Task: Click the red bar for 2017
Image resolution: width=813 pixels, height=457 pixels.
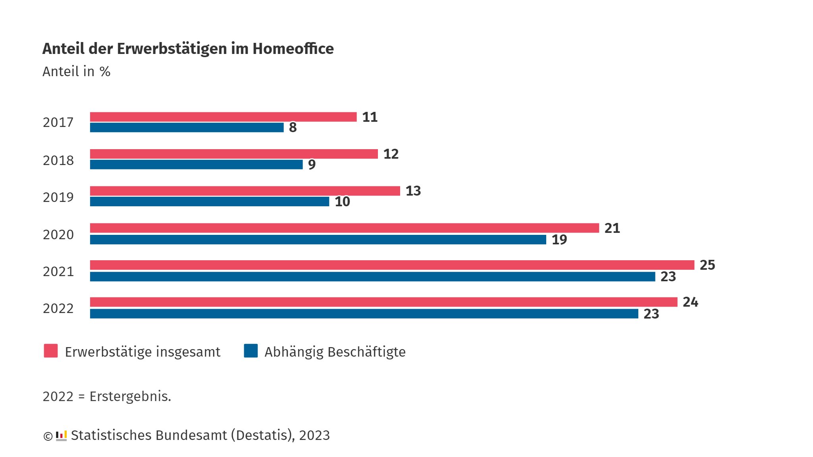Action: pos(223,117)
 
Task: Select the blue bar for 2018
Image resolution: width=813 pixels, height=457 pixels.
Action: pos(196,164)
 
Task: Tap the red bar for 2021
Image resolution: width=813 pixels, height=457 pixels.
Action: pos(392,265)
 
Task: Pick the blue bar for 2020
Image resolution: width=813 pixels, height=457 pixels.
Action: pos(318,240)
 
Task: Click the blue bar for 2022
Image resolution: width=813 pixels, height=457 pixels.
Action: pos(364,314)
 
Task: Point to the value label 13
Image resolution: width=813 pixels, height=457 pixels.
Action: pos(413,191)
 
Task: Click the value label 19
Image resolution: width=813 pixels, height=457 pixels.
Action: pos(559,240)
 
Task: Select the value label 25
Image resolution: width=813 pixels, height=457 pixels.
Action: pos(707,265)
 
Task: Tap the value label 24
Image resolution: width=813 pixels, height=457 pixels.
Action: pos(690,302)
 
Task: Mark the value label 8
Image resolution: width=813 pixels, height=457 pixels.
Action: pos(293,128)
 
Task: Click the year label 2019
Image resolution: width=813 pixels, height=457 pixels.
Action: pos(58,197)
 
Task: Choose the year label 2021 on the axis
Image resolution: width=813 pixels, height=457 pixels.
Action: pos(58,271)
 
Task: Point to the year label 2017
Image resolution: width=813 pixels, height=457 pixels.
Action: pos(58,122)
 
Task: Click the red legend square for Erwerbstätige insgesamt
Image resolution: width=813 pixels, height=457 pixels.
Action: pos(51,351)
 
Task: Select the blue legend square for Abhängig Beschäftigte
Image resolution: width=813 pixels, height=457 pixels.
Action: pos(250,351)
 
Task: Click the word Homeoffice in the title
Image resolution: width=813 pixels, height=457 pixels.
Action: pos(293,49)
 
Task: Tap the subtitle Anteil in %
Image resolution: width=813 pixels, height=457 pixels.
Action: pos(76,72)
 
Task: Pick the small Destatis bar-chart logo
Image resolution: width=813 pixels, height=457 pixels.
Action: pos(61,436)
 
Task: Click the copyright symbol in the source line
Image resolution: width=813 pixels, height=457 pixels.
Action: pos(48,436)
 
